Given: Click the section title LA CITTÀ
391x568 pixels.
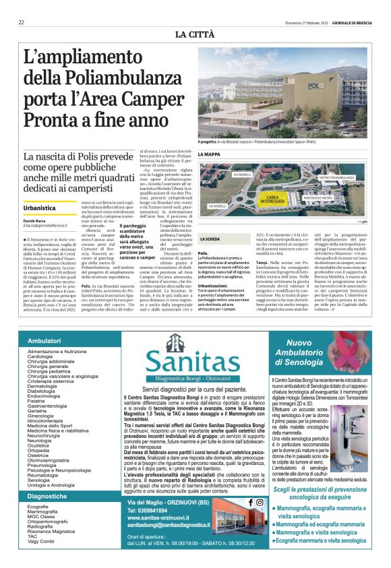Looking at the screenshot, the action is click(195, 34).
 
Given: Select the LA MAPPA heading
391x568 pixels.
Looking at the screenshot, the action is click(209, 154).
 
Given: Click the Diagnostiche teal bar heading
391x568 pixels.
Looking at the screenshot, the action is click(47, 496).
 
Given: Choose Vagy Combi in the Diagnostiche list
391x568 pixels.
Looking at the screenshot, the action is click(40, 540).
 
